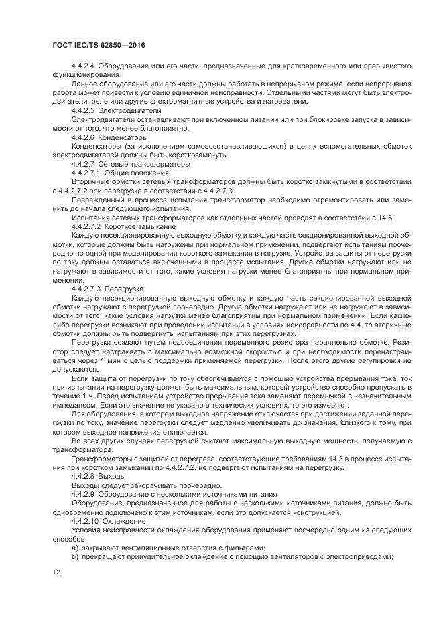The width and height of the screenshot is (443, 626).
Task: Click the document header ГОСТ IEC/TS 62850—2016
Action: tap(98, 45)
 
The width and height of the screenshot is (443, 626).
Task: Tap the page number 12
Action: tap(56, 571)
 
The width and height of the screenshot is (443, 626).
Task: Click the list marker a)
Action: tap(75, 548)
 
